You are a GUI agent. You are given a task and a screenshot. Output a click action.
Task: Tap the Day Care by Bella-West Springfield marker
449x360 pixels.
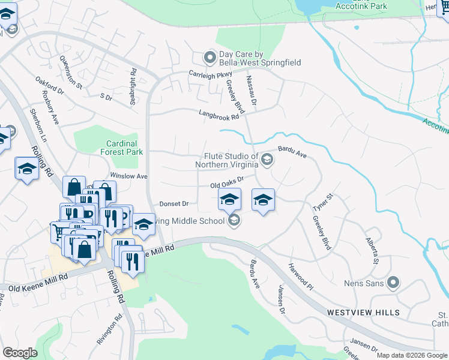click(209, 58)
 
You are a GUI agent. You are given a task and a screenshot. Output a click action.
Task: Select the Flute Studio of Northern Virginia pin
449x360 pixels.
click(267, 159)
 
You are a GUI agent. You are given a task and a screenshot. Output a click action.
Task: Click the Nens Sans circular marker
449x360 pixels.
click(393, 282)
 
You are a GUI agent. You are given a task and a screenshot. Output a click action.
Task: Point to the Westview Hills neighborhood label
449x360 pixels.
click(363, 313)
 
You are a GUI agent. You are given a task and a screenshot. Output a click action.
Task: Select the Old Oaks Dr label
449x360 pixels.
click(227, 183)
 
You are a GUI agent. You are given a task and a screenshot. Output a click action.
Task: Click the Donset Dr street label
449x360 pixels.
click(174, 204)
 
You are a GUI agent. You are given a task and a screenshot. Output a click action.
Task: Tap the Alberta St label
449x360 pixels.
click(372, 250)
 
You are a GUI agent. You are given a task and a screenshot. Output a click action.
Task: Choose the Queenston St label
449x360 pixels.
click(71, 73)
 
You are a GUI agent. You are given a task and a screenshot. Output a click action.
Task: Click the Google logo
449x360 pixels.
click(20, 353)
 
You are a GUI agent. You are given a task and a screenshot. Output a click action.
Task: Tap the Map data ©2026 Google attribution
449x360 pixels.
click(411, 355)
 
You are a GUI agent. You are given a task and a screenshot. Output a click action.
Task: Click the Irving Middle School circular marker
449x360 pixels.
click(234, 221)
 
